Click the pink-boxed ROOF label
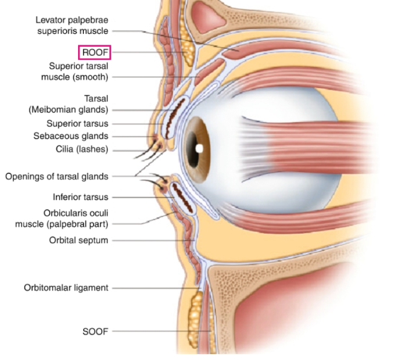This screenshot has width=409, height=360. click(x=95, y=53)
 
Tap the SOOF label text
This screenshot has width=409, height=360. click(x=95, y=331)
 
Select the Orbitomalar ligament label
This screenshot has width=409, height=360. click(x=66, y=288)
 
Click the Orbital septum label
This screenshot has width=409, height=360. click(x=79, y=240)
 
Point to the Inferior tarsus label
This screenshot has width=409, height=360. click(x=81, y=197)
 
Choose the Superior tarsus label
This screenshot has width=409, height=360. click(x=77, y=123)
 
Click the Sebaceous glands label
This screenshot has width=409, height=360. click(x=71, y=136)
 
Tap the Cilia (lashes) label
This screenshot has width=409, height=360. click(x=82, y=149)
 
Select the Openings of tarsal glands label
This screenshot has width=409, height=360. click(x=57, y=177)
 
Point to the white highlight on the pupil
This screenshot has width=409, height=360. click(x=199, y=149)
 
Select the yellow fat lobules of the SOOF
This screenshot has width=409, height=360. click(x=196, y=319)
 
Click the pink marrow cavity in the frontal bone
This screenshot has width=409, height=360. click(x=207, y=17)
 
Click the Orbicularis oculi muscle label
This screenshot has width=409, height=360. click(x=62, y=218)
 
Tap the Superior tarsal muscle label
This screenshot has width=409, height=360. click(x=75, y=71)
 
